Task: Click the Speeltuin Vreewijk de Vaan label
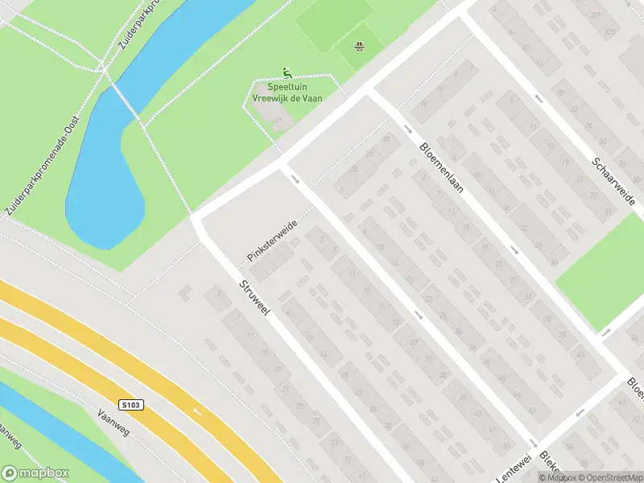(x=284, y=90)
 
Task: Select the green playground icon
(x=286, y=72)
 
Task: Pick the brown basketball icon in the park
(x=359, y=46)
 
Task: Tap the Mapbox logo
(x=35, y=473)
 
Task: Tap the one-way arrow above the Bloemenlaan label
(x=408, y=129)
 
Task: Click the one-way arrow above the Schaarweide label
(x=539, y=99)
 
